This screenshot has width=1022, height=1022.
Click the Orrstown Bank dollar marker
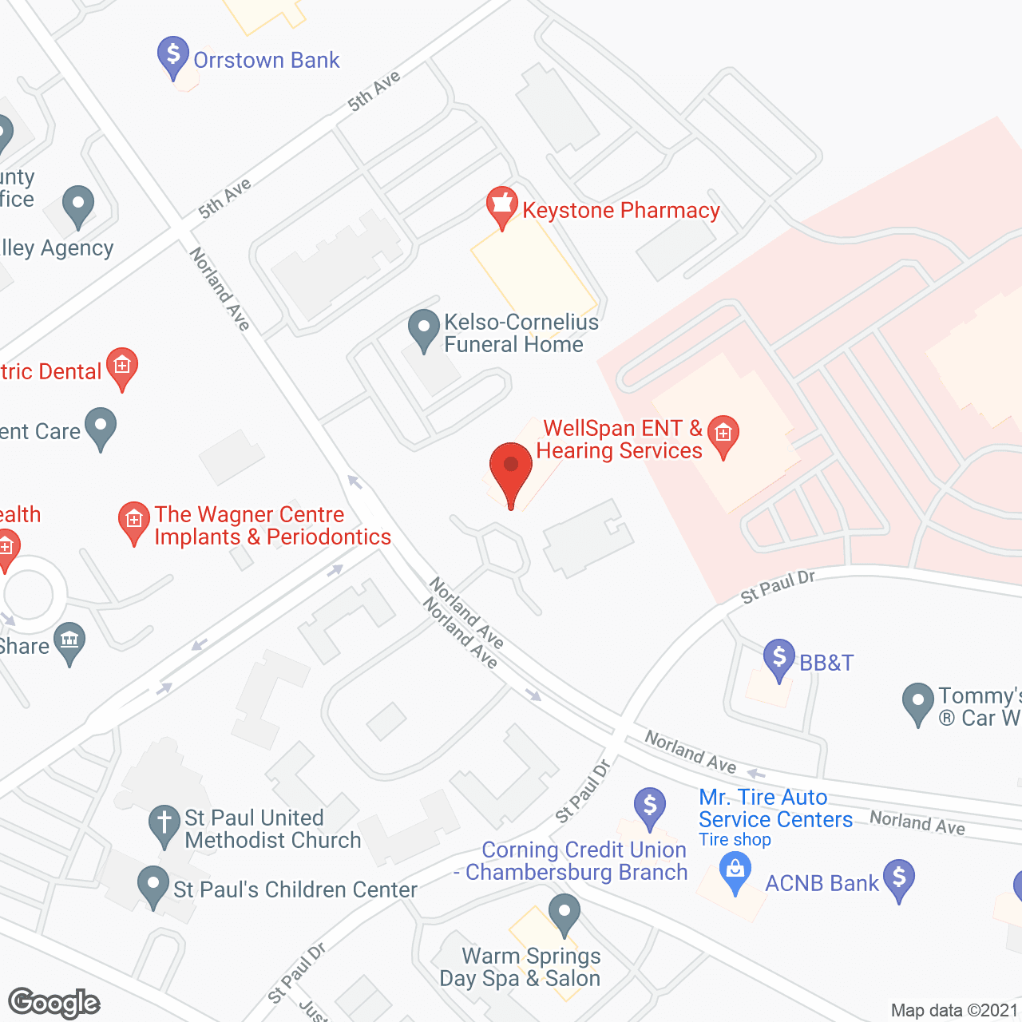[x=173, y=55]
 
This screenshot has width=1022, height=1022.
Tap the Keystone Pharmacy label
[x=620, y=211]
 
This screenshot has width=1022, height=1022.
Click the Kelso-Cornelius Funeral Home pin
[x=424, y=328]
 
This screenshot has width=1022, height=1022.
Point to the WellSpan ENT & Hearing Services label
[x=619, y=440]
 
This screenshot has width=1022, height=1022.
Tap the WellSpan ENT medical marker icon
[x=723, y=434]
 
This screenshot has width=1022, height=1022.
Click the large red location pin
[x=511, y=471]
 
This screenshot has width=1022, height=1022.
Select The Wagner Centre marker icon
[x=133, y=521]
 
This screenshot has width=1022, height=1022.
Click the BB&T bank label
[x=826, y=663]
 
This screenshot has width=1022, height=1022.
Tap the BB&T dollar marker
[x=778, y=658]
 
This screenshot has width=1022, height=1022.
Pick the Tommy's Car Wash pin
[x=917, y=702]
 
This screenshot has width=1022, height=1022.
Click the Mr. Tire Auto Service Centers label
[x=774, y=808]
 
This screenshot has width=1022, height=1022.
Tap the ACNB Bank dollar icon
[x=899, y=878]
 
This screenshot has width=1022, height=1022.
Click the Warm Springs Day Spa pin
[x=564, y=913]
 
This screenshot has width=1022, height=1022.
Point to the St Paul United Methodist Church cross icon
[x=164, y=824]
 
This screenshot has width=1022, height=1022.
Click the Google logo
[x=54, y=1003]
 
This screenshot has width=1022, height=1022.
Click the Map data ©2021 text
[x=954, y=1011]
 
